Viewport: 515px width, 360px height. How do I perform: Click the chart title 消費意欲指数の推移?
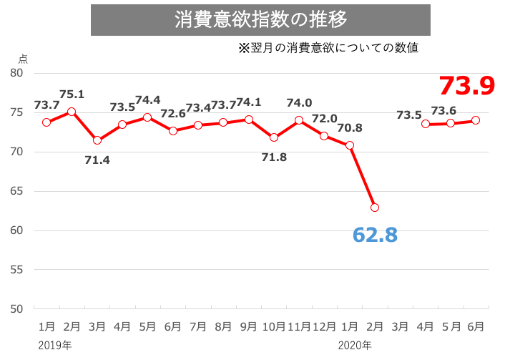point(261,19)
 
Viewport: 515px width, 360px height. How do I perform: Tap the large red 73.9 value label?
point(467,86)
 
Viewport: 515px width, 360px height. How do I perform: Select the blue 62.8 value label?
point(374,234)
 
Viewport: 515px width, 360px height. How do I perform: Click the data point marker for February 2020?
point(375,208)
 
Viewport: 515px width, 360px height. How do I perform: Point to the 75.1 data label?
point(72,94)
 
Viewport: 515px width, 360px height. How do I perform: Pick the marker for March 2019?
point(97,140)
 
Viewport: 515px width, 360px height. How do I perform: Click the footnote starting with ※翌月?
point(328,49)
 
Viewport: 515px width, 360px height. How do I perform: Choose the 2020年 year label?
point(354,346)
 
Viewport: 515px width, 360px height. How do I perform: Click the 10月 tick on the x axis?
point(274,326)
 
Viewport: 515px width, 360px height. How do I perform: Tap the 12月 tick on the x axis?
point(324,326)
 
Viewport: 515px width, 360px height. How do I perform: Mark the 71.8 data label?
point(274,156)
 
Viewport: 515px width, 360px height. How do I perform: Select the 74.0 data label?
point(299,103)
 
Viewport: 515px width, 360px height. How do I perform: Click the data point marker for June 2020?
point(476,120)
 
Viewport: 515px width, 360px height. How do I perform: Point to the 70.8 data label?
point(350,128)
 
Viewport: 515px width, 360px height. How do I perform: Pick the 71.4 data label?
point(97,160)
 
